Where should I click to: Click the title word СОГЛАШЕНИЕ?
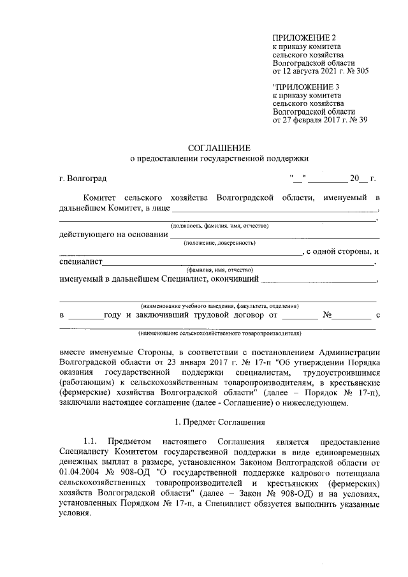pos(219,148)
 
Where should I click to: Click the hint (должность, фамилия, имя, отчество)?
pos(219,226)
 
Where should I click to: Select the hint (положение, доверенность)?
pos(219,243)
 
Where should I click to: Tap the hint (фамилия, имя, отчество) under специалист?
pos(219,270)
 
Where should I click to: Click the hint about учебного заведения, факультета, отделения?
pos(217,306)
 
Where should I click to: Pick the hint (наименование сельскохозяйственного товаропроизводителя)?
pos(219,333)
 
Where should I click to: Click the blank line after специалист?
pos(238,262)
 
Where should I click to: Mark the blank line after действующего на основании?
pos(275,235)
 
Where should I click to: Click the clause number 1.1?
pos(90,442)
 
